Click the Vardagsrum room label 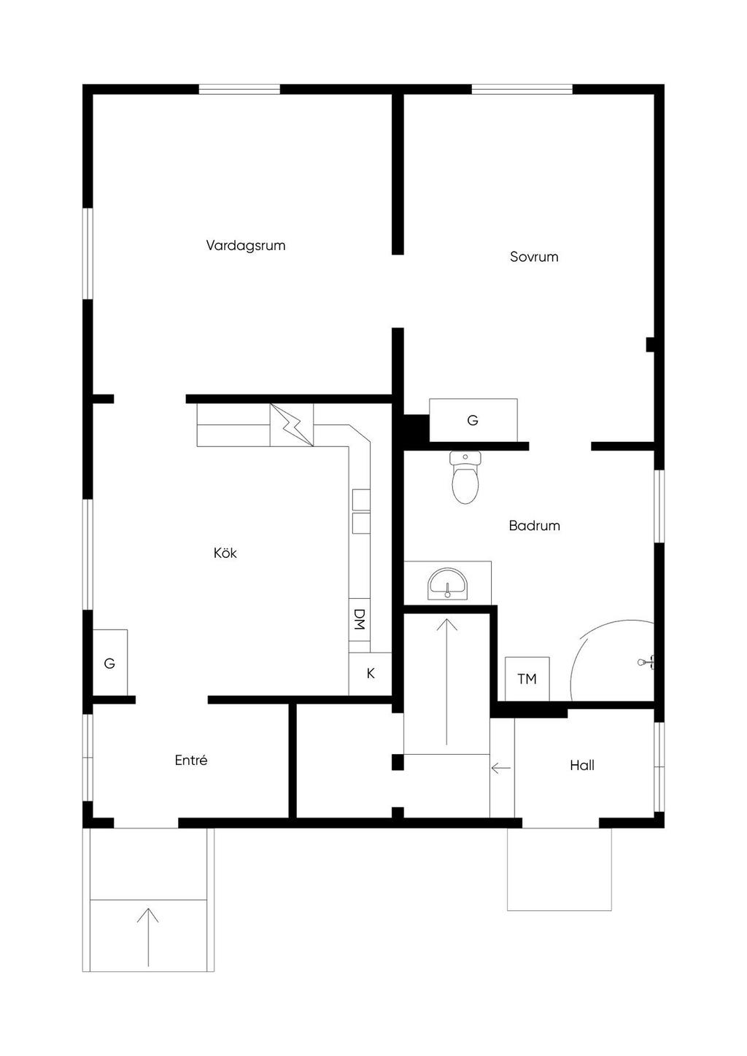point(246,246)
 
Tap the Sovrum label point(534,257)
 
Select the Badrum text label point(534,526)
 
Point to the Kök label point(225,553)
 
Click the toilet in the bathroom point(465,477)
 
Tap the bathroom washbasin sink point(447,585)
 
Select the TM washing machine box point(527,679)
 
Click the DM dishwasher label point(360,619)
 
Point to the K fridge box point(370,674)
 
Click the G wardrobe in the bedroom point(473,420)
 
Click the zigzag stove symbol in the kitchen point(292,425)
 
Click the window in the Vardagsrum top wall point(239,89)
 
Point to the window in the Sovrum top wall point(522,89)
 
